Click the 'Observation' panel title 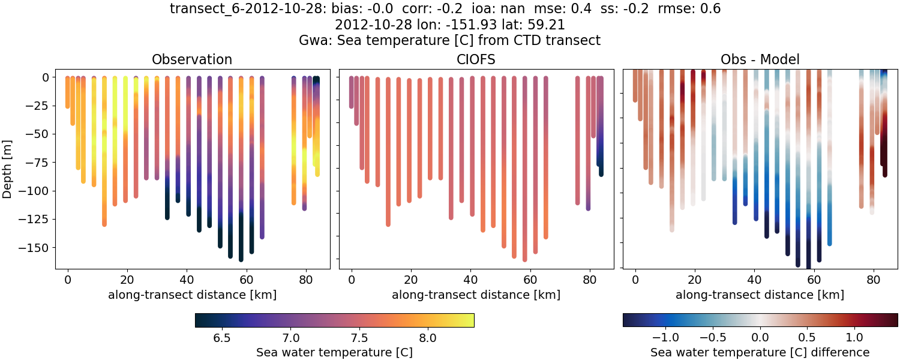tap(192, 59)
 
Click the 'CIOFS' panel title tap(476, 59)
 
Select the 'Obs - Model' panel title tap(760, 59)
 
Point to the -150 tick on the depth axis tap(35, 247)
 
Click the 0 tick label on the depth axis tap(46, 77)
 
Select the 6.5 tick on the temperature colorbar tap(222, 338)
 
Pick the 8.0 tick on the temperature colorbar tap(427, 338)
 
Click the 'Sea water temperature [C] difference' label tap(760, 352)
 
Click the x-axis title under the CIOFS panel tap(476, 295)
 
